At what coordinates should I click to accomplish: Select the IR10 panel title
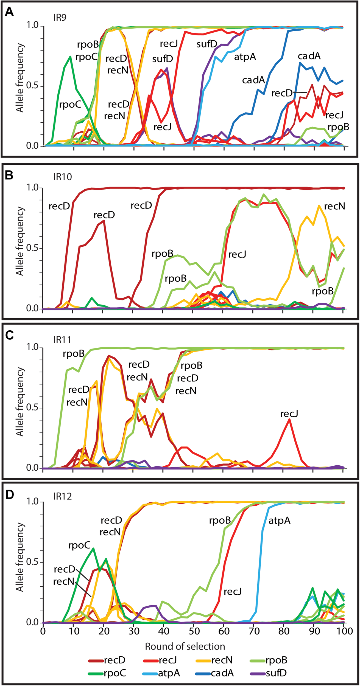click(63, 177)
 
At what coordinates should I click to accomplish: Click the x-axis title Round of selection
click(185, 646)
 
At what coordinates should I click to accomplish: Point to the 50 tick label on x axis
click(194, 631)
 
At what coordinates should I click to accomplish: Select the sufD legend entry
click(276, 673)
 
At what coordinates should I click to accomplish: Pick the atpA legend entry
click(169, 673)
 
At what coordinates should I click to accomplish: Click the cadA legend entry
click(222, 673)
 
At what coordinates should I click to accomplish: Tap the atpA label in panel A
click(245, 57)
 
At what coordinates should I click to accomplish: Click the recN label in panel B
click(334, 206)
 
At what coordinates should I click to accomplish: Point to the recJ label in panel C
click(289, 414)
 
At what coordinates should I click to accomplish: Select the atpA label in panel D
click(279, 521)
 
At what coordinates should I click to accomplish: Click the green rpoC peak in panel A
click(70, 57)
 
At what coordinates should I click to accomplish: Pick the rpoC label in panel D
click(79, 546)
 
